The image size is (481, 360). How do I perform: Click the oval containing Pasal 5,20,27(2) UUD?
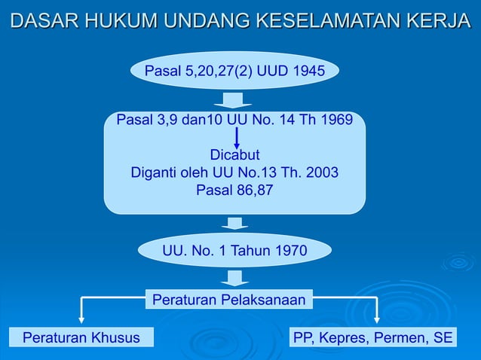coord(234,72)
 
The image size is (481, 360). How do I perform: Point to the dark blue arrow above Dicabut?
coord(237,138)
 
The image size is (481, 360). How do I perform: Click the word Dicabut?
coord(234,155)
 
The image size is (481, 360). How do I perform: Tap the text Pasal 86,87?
coord(234,190)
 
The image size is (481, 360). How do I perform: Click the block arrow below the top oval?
coord(233,100)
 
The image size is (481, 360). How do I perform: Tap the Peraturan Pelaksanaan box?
coord(229,301)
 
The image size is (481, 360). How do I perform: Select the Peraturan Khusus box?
coord(81,337)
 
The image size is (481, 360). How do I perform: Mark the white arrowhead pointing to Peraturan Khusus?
coord(81,320)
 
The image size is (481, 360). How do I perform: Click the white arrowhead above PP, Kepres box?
coord(377,320)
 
